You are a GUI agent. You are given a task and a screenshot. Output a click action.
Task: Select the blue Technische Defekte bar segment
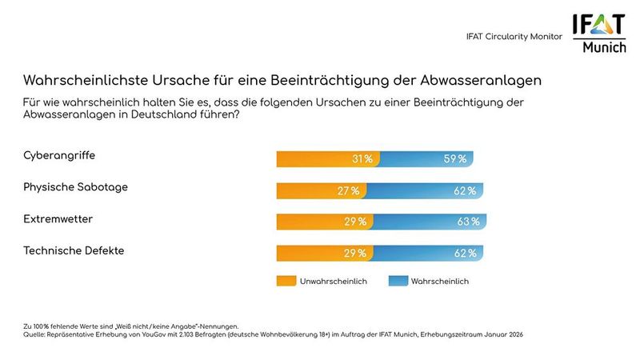click(x=429, y=253)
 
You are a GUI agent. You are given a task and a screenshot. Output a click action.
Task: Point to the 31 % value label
click(x=362, y=159)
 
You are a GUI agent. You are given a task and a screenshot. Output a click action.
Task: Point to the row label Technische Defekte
click(x=74, y=250)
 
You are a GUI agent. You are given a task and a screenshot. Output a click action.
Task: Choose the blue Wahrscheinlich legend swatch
click(x=397, y=281)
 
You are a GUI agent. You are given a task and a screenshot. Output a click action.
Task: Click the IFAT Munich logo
click(x=598, y=36)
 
